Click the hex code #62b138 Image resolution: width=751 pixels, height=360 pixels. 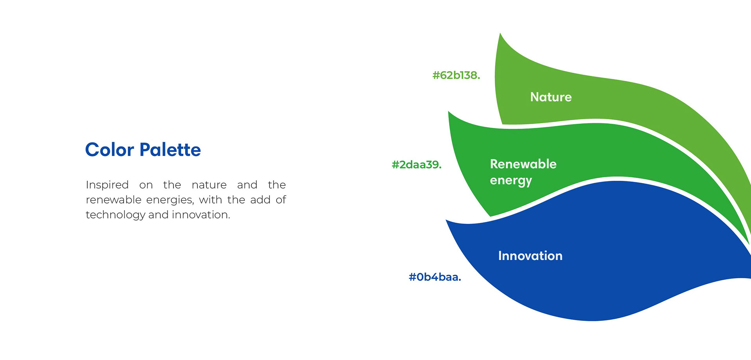(456, 75)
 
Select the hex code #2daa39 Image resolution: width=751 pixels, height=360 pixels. (417, 164)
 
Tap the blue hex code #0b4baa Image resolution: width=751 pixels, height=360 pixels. (435, 277)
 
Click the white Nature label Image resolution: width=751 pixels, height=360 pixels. (551, 97)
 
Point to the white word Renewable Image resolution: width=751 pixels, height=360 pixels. (523, 164)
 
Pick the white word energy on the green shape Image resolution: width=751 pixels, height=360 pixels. (511, 181)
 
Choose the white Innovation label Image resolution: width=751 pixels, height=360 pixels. (530, 256)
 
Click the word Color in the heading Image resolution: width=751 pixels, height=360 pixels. (110, 150)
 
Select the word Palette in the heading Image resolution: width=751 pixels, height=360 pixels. (170, 150)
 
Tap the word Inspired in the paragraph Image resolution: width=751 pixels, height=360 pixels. (107, 185)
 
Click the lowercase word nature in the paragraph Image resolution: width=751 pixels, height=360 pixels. (209, 185)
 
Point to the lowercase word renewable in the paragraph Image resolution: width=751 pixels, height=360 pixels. (113, 200)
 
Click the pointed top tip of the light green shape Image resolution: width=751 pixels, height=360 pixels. (500, 34)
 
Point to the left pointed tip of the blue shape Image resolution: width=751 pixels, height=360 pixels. (447, 221)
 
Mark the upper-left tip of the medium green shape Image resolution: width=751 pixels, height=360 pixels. (449, 112)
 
